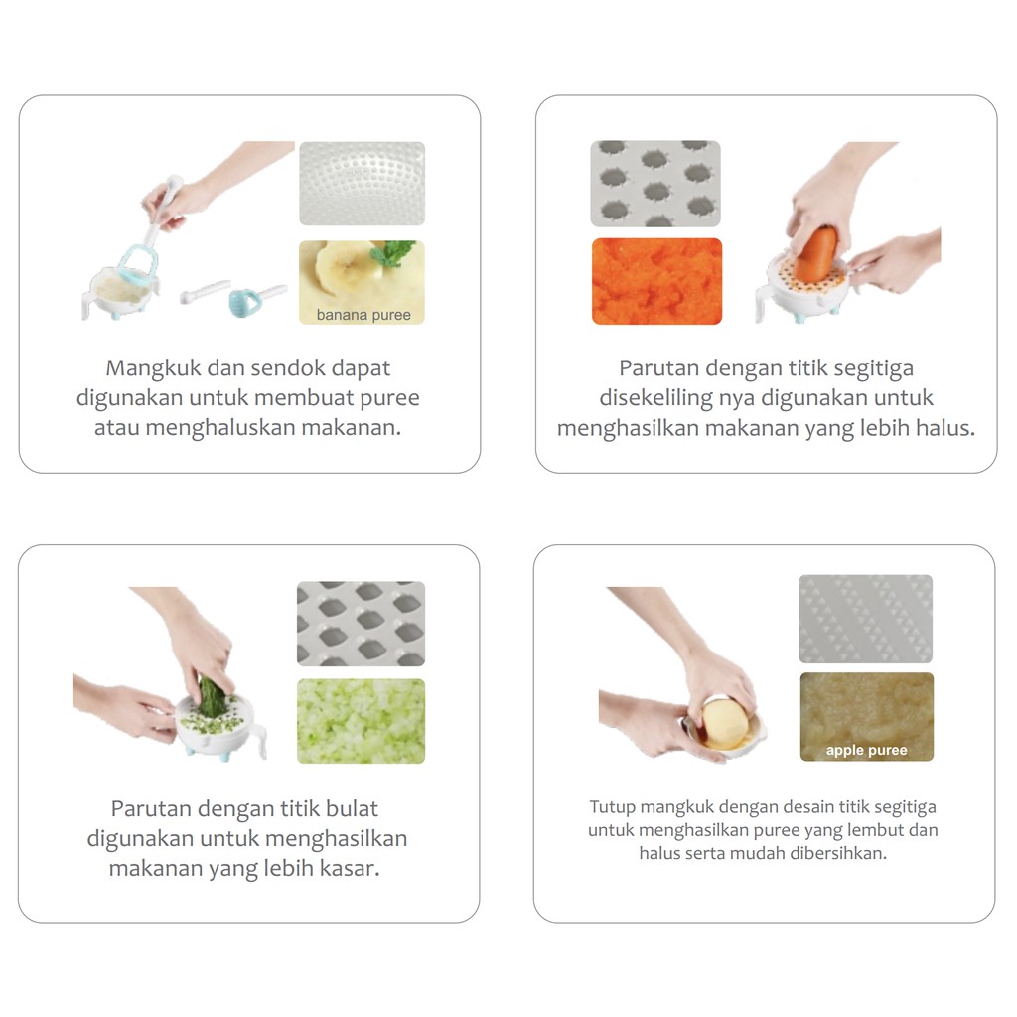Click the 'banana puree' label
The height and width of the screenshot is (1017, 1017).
[363, 315]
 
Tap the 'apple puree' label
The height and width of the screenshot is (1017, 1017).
[866, 750]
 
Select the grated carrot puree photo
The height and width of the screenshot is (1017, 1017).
[656, 281]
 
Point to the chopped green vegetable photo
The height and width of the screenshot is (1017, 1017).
[361, 721]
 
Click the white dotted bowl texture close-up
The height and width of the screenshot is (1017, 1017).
[362, 184]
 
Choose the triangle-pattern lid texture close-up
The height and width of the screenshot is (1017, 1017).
[865, 619]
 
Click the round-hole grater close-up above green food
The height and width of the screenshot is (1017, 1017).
[361, 624]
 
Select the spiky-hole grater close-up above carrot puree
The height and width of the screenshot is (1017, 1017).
[655, 184]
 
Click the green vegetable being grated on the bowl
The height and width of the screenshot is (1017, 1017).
[213, 697]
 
